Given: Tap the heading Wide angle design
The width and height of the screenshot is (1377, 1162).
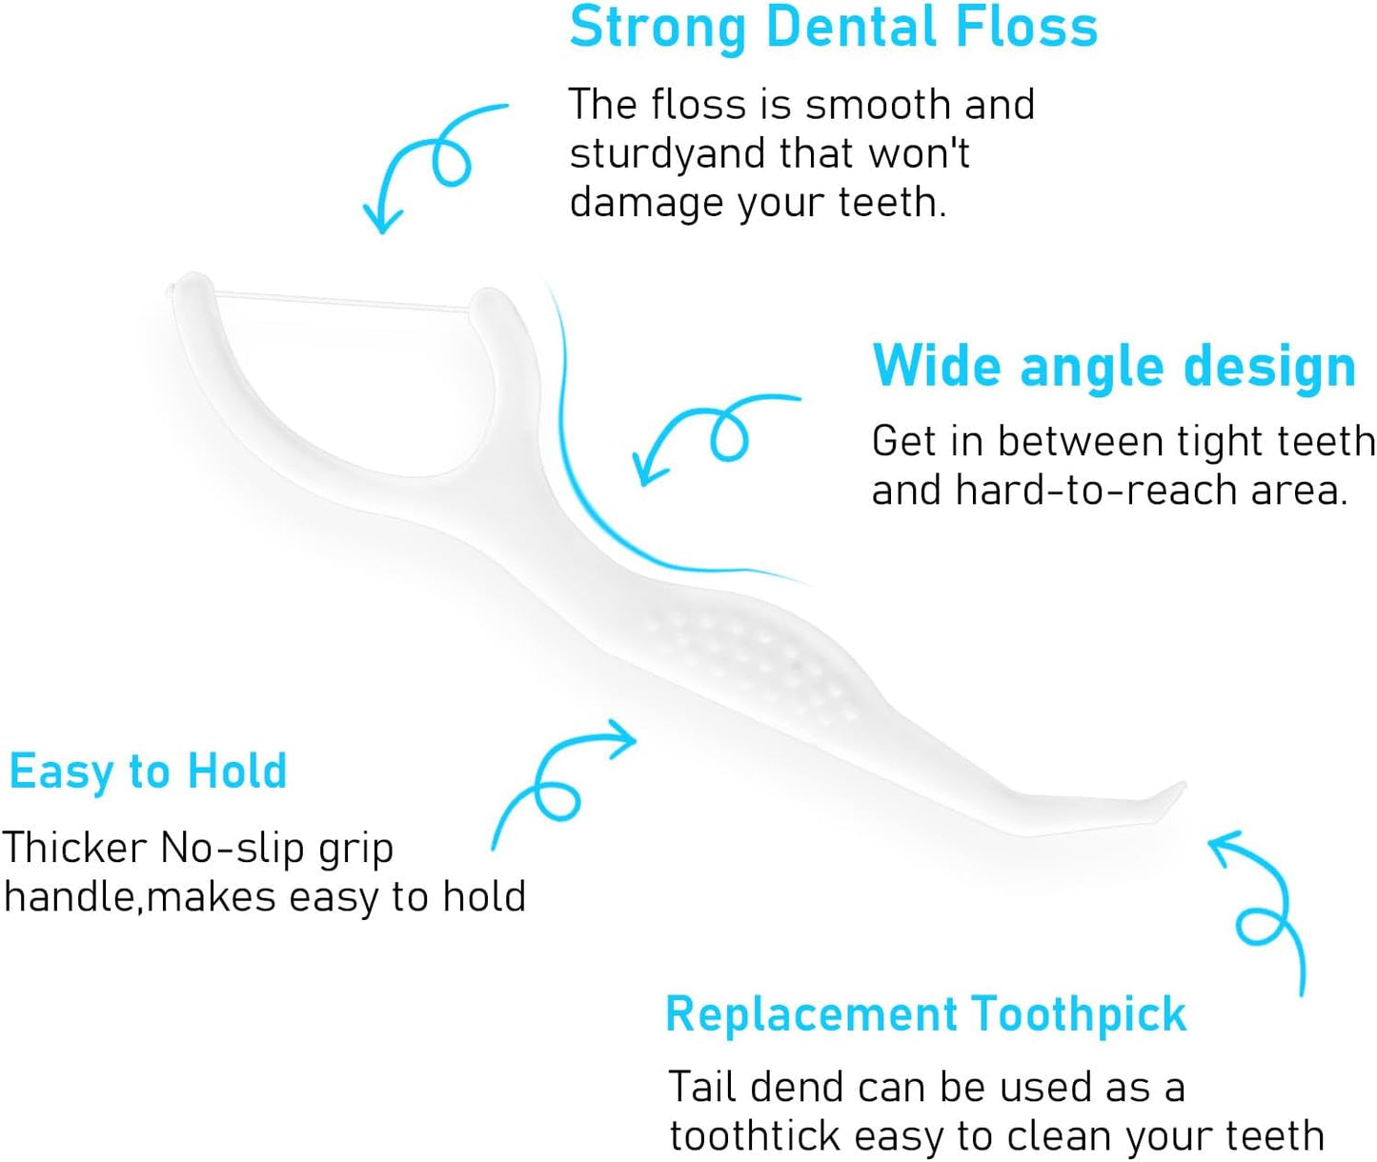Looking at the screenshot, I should coord(1113,366).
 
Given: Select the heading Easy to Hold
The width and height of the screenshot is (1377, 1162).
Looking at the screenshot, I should coord(148,771).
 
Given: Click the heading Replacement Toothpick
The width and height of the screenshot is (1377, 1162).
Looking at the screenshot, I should coord(925,1013).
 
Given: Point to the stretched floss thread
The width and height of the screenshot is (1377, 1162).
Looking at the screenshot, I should coord(343,302).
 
